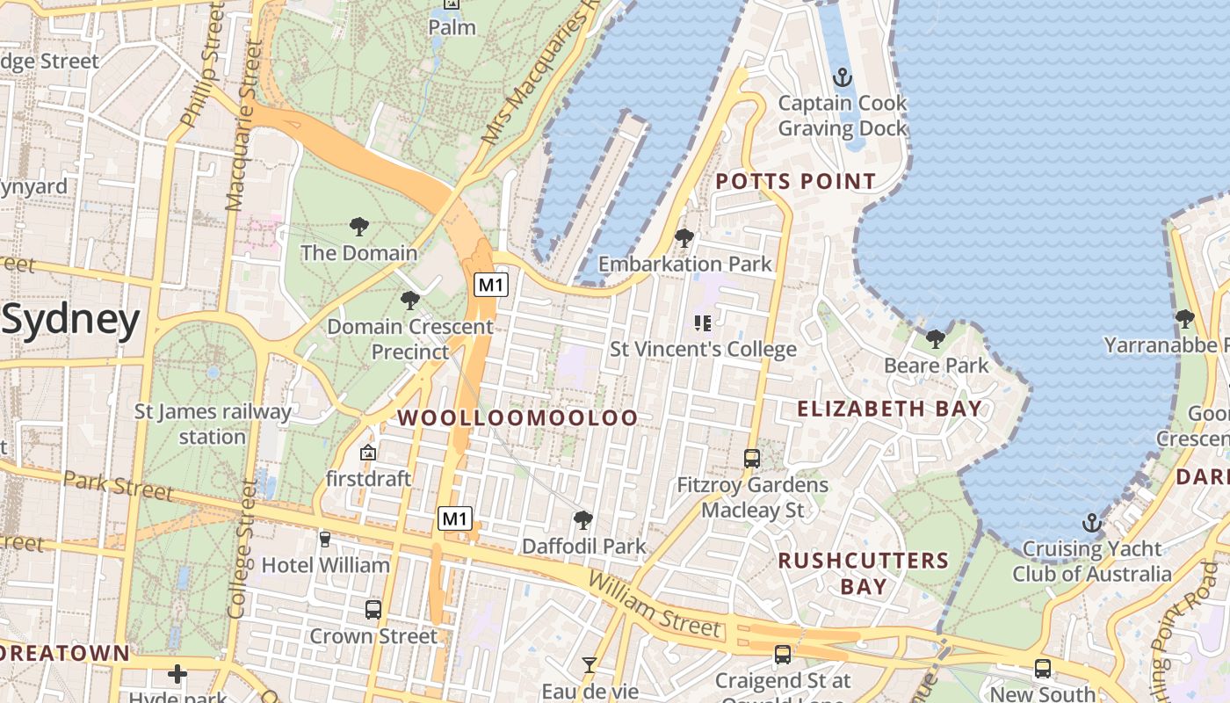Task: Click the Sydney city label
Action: pos(70,321)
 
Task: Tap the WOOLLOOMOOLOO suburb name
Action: pos(518,418)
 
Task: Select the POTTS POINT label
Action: pos(795,182)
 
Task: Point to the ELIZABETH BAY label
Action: pos(889,409)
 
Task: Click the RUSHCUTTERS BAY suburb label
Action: pos(864,573)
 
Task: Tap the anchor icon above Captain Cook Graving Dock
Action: pos(843,77)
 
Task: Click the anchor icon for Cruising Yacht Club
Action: pos(1091,523)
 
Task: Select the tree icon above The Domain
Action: pos(358,227)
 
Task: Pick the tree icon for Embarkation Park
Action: pos(684,237)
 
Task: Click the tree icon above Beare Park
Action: pos(936,338)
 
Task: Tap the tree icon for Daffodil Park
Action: pos(582,519)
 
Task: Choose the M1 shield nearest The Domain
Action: pos(491,284)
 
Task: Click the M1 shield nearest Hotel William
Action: pos(455,518)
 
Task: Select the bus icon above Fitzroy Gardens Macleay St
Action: pos(752,458)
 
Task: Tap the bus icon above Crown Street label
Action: pos(373,609)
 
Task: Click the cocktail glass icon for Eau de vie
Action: pos(590,664)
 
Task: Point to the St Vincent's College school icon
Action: pos(702,323)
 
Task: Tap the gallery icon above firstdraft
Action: pos(368,453)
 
